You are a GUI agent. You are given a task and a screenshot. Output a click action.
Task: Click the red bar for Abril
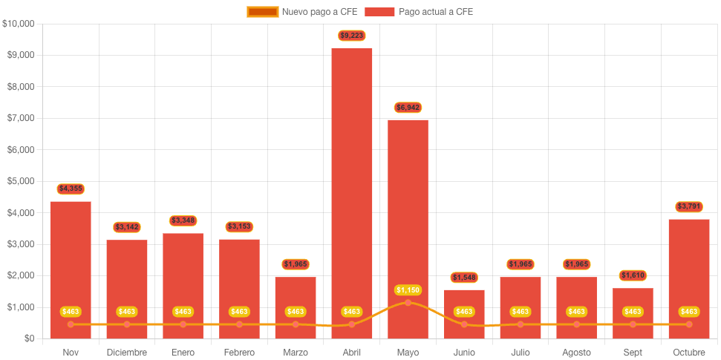tap(351, 186)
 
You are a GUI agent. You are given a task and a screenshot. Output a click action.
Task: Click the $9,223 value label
tap(351, 36)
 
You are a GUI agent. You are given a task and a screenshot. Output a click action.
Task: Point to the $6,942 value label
tap(408, 108)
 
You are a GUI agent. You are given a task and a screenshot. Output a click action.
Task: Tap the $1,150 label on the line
tap(408, 289)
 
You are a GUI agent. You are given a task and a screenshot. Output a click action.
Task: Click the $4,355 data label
tap(71, 189)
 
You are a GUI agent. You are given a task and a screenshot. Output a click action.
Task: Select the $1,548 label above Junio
tap(464, 278)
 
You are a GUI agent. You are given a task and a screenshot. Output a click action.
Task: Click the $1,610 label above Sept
tap(633, 275)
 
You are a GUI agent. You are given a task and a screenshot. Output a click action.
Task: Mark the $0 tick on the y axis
tap(29, 338)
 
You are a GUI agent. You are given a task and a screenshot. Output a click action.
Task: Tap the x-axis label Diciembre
tap(127, 352)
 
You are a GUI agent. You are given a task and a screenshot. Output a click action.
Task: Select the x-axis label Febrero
tap(239, 352)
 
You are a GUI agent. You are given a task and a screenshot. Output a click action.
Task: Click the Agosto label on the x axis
tap(576, 352)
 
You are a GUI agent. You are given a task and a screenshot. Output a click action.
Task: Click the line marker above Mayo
tap(408, 303)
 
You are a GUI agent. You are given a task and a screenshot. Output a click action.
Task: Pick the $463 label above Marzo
tap(296, 312)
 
